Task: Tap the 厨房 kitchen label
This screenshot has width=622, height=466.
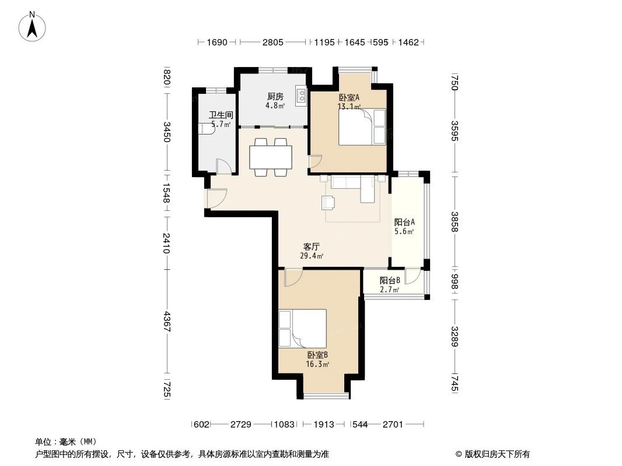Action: tap(275, 97)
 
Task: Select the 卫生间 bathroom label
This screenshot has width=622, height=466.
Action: tap(221, 115)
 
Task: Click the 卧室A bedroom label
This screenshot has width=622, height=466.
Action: tap(349, 98)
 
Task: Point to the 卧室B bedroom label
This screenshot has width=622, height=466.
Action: tap(317, 355)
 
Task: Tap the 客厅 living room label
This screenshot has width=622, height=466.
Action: tap(311, 246)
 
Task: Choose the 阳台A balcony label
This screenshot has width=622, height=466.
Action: tap(404, 222)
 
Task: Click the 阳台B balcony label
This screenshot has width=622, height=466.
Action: tap(390, 280)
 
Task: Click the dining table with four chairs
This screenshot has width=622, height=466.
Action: tap(271, 157)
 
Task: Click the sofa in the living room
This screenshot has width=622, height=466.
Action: tap(353, 186)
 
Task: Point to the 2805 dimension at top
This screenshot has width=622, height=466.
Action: tap(272, 42)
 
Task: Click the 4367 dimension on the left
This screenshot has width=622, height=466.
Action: tap(166, 322)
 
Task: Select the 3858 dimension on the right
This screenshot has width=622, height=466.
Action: tap(455, 222)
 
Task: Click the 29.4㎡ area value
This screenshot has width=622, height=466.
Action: tap(311, 256)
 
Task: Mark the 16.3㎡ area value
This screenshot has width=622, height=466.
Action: tap(317, 364)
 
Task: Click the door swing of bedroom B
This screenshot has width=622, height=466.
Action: tap(292, 278)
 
